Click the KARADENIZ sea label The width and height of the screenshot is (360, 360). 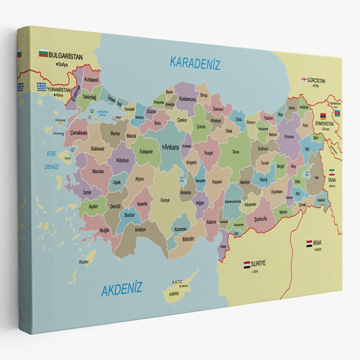point(195,63)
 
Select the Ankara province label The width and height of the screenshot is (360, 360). point(171,147)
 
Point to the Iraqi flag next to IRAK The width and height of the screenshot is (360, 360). point(309,243)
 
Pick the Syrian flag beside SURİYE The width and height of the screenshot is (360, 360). point(247,265)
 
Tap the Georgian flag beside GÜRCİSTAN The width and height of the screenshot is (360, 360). point(304,79)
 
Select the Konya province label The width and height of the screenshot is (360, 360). point(165,200)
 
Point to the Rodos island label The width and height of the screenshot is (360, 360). point(84,262)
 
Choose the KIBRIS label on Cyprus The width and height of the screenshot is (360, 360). point(174,294)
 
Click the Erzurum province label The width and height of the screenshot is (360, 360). point(289,137)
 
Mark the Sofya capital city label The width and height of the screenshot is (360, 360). point(63,65)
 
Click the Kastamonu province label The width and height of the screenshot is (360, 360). point(187,99)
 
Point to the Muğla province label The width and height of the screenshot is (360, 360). point(104,230)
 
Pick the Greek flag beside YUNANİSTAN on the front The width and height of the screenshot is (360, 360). point(41,87)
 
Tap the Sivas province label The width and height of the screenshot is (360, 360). point(236,152)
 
